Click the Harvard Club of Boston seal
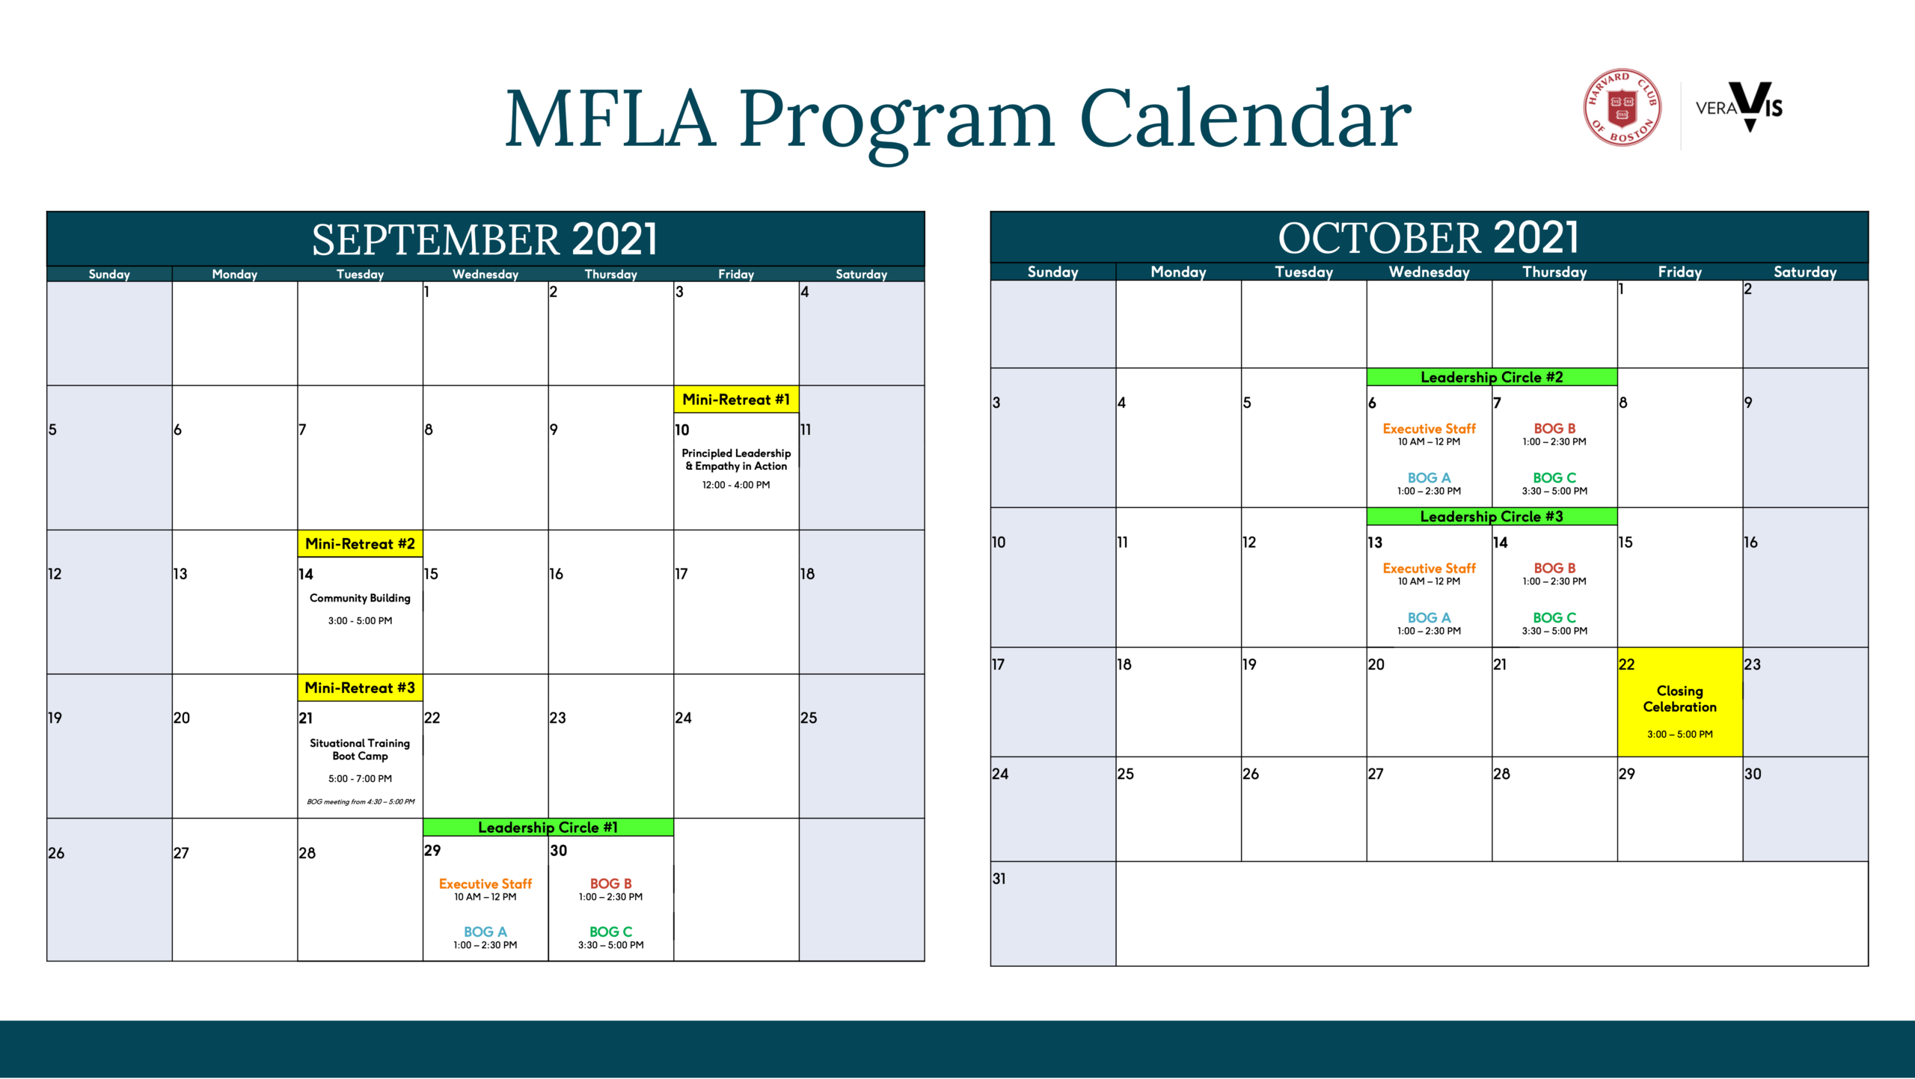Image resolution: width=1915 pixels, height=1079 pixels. [1622, 107]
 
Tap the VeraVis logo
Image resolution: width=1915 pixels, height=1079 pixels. [1739, 107]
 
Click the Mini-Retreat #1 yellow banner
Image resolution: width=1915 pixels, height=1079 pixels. [736, 400]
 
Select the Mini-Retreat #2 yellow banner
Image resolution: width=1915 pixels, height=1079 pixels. [360, 544]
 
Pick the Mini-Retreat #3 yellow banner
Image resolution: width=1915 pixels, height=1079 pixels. [360, 688]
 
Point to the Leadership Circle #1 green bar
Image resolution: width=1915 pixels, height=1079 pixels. [548, 827]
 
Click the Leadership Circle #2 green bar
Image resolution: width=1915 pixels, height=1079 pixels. [1492, 377]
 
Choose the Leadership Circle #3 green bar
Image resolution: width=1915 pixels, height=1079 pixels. [1492, 516]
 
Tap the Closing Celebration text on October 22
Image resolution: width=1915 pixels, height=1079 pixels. [1679, 699]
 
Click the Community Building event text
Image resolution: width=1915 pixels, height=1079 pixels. [360, 598]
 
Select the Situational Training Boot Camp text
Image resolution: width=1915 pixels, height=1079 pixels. [360, 749]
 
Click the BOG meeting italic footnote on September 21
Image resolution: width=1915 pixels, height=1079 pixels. [360, 801]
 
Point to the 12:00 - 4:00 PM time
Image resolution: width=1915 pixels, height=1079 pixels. [736, 485]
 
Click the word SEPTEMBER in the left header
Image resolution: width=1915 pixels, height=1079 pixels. [435, 240]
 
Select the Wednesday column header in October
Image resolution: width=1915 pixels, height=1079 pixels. [1429, 272]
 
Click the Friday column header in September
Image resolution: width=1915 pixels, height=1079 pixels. [736, 274]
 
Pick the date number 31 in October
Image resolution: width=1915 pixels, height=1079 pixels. [999, 878]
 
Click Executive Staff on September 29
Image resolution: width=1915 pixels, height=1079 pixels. [485, 884]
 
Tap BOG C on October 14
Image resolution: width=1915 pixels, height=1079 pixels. [1554, 617]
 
